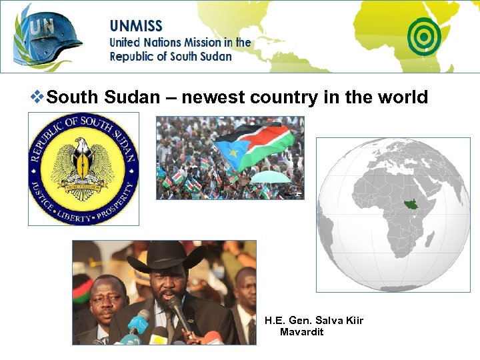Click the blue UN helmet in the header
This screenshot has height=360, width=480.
[x=50, y=35]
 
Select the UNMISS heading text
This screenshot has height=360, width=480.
[x=136, y=27]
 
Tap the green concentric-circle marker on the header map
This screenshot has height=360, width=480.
[x=424, y=35]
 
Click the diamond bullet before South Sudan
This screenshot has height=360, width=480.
[x=39, y=98]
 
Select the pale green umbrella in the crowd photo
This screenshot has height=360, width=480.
[x=270, y=177]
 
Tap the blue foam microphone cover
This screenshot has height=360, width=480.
[x=139, y=323]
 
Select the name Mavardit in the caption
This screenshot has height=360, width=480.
[x=301, y=332]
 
